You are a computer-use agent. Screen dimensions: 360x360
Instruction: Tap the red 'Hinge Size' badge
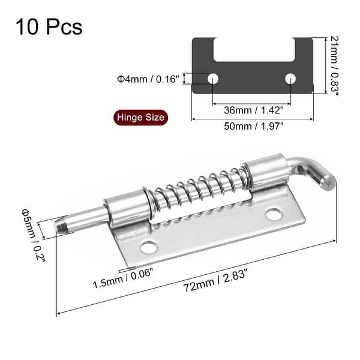click(140, 118)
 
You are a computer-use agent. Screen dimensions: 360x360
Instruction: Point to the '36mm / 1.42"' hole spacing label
click(252, 109)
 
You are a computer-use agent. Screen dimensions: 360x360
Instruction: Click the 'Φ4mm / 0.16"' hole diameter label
click(147, 79)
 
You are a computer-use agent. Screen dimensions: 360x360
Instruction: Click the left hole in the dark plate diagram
click(212, 79)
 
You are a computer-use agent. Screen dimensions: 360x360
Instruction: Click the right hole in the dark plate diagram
click(291, 79)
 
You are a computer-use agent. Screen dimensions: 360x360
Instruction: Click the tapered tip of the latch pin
click(62, 225)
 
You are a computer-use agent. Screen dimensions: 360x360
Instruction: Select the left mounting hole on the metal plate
click(147, 246)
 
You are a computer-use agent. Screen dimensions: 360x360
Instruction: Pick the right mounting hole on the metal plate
click(274, 213)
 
